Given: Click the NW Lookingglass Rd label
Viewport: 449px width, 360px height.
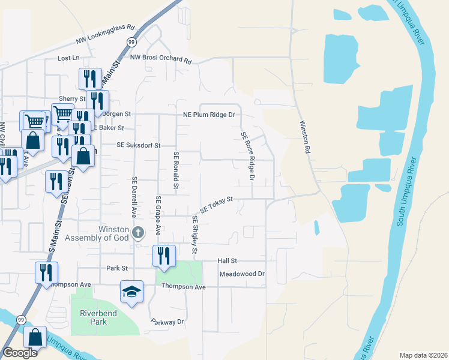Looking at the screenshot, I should point(106,35).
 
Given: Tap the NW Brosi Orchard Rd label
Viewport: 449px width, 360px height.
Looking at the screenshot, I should point(160,59).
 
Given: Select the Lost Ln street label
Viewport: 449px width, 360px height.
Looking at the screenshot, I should point(68,58).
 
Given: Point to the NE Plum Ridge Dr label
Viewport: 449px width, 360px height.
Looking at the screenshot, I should point(208,114).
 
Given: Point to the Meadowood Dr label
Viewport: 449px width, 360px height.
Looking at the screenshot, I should point(242,274).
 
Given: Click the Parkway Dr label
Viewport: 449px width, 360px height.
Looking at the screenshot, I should point(167,322).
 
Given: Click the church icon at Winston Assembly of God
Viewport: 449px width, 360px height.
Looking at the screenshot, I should point(138,232).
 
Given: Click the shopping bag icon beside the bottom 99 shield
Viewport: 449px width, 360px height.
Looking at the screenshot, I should point(35,338).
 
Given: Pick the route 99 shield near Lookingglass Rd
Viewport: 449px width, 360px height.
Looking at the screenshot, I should point(131,41).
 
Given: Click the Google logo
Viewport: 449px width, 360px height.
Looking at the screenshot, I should point(20,353).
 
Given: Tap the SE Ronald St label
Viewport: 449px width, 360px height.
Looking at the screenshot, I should point(176,172).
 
